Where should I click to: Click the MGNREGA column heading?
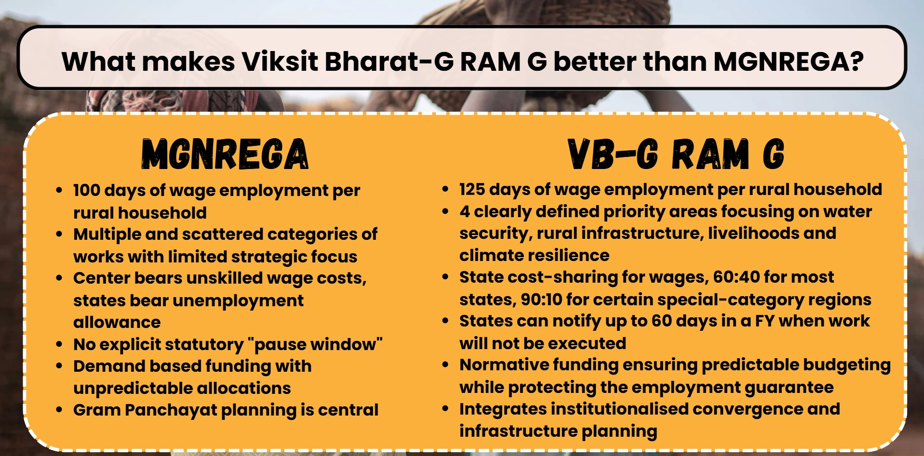pyautogui.click(x=225, y=154)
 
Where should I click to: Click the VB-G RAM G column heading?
pyautogui.click(x=676, y=154)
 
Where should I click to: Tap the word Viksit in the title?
pyautogui.click(x=280, y=62)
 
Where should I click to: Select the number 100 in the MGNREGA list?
pyautogui.click(x=87, y=190)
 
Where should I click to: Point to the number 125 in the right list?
pyautogui.click(x=472, y=189)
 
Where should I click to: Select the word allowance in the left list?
pyautogui.click(x=117, y=322)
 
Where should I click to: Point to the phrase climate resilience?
pyautogui.click(x=534, y=255)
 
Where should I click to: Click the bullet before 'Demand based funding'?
pyautogui.click(x=59, y=366)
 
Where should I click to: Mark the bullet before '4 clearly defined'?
pyautogui.click(x=445, y=211)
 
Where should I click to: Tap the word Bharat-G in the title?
pyautogui.click(x=389, y=62)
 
